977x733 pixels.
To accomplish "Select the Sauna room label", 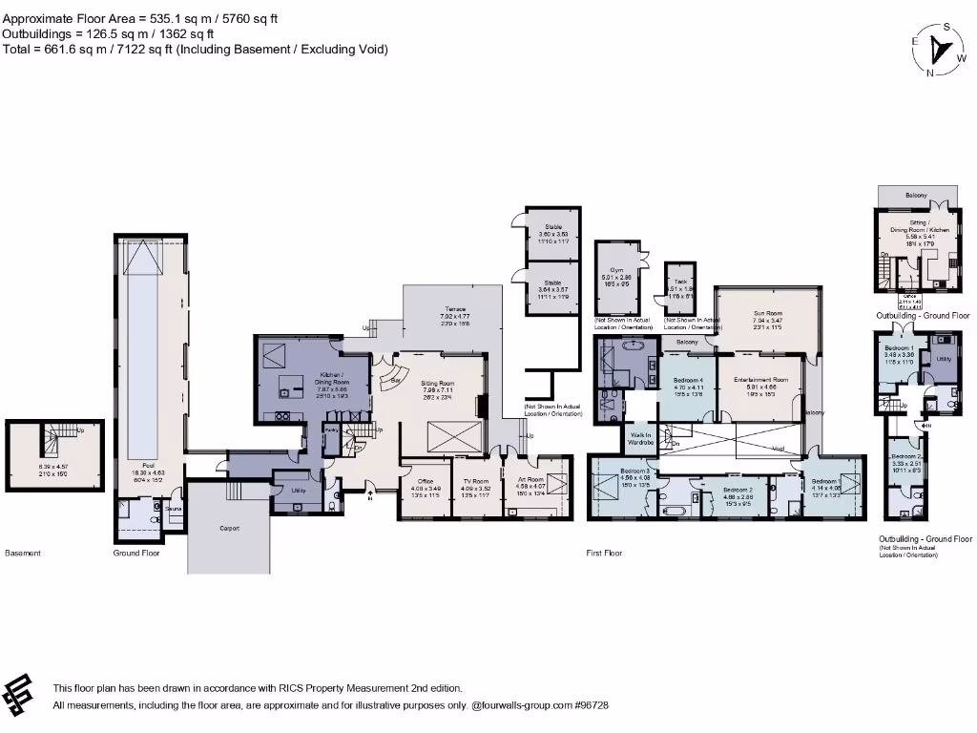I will click(x=173, y=510).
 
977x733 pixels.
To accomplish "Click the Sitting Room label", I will click(x=438, y=383).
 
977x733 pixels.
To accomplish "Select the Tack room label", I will click(x=680, y=283).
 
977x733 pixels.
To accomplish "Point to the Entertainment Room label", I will click(x=760, y=380).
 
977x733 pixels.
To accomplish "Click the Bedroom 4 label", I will click(x=687, y=380).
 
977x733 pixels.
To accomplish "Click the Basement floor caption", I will click(x=23, y=553).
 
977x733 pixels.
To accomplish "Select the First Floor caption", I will click(x=603, y=553).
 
